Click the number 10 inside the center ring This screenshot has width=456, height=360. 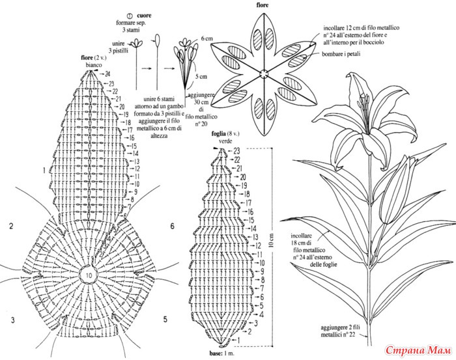pos(87,276)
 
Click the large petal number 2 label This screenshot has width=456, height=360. pos(11,227)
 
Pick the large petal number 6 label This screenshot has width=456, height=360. pos(172,227)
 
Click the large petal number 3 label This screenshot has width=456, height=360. pos(11,320)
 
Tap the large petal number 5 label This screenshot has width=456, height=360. pos(164,320)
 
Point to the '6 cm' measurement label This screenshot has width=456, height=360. pos(207,39)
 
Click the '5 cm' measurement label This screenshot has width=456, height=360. pos(203,77)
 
